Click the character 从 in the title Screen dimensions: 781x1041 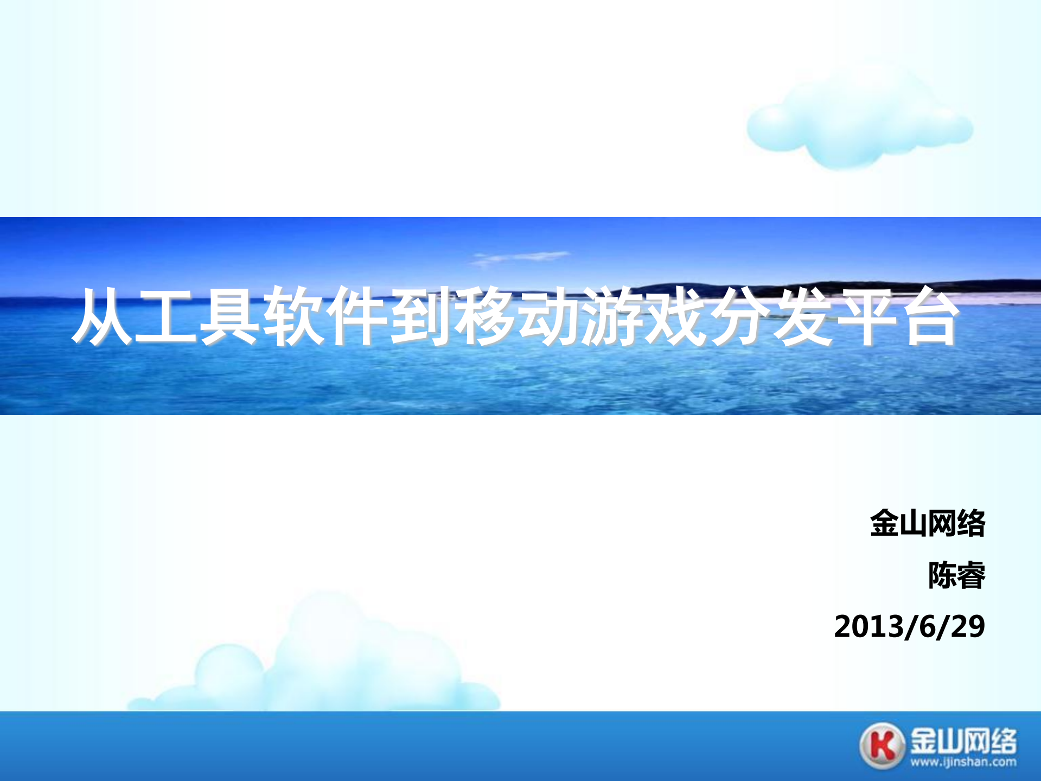click(103, 316)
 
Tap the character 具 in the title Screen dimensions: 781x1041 click(229, 316)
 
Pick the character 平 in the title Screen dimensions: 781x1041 click(866, 316)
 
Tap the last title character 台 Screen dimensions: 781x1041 click(930, 316)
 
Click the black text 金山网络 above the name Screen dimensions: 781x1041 click(928, 523)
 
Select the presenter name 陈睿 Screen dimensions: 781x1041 click(956, 575)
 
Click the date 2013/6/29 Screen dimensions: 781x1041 click(909, 626)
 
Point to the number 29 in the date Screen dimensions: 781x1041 click(968, 626)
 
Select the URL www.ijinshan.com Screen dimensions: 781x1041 click(963, 763)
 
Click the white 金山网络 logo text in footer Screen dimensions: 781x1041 click(963, 741)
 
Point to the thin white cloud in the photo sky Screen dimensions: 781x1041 click(521, 257)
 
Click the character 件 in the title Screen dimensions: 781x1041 click(356, 316)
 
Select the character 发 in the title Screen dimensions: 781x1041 click(802, 316)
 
